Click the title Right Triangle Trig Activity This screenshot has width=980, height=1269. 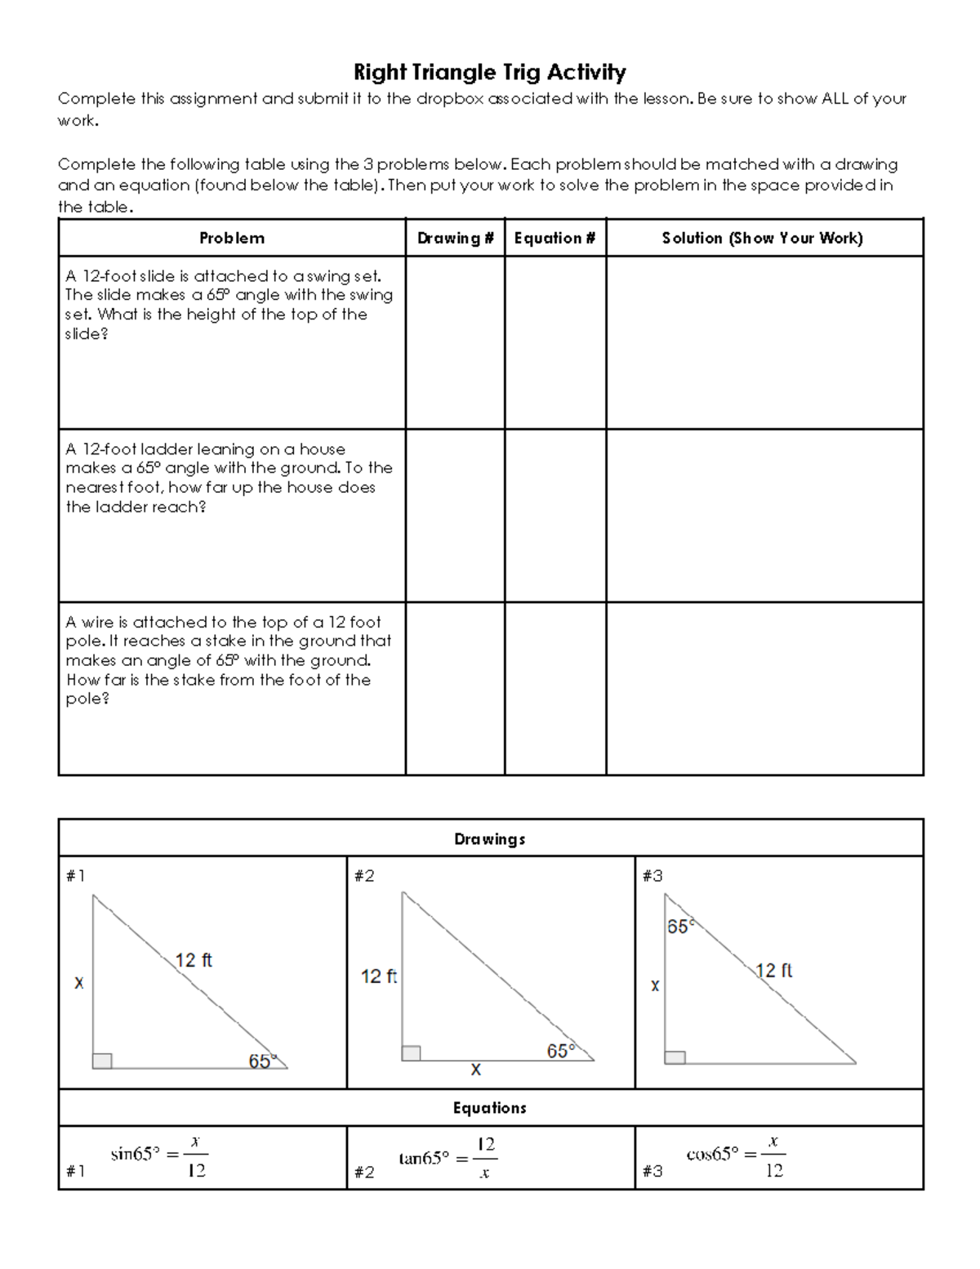click(x=489, y=73)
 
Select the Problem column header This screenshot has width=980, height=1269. click(x=232, y=238)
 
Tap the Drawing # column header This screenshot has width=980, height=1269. click(x=455, y=238)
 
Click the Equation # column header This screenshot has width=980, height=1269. click(x=555, y=238)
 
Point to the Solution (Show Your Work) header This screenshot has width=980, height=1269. click(x=763, y=238)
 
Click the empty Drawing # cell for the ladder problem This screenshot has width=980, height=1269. click(x=455, y=516)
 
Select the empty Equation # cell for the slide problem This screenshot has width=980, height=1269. click(x=555, y=342)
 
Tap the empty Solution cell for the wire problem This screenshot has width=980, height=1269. click(x=764, y=689)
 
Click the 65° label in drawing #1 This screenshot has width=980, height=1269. click(x=262, y=1061)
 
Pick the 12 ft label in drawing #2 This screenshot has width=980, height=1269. click(x=378, y=976)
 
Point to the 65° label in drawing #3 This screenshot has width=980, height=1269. click(x=679, y=927)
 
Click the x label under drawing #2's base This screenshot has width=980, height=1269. click(x=475, y=1069)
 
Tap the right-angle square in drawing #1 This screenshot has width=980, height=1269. click(x=102, y=1061)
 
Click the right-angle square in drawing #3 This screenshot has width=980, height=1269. click(x=675, y=1057)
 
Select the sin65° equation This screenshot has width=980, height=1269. click(x=159, y=1155)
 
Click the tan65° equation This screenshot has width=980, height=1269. click(x=448, y=1158)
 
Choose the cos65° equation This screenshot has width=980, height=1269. click(x=736, y=1155)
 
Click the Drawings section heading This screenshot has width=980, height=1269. click(x=489, y=839)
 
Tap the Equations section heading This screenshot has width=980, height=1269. click(x=489, y=1108)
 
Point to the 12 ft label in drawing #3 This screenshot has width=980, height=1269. click(x=773, y=971)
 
